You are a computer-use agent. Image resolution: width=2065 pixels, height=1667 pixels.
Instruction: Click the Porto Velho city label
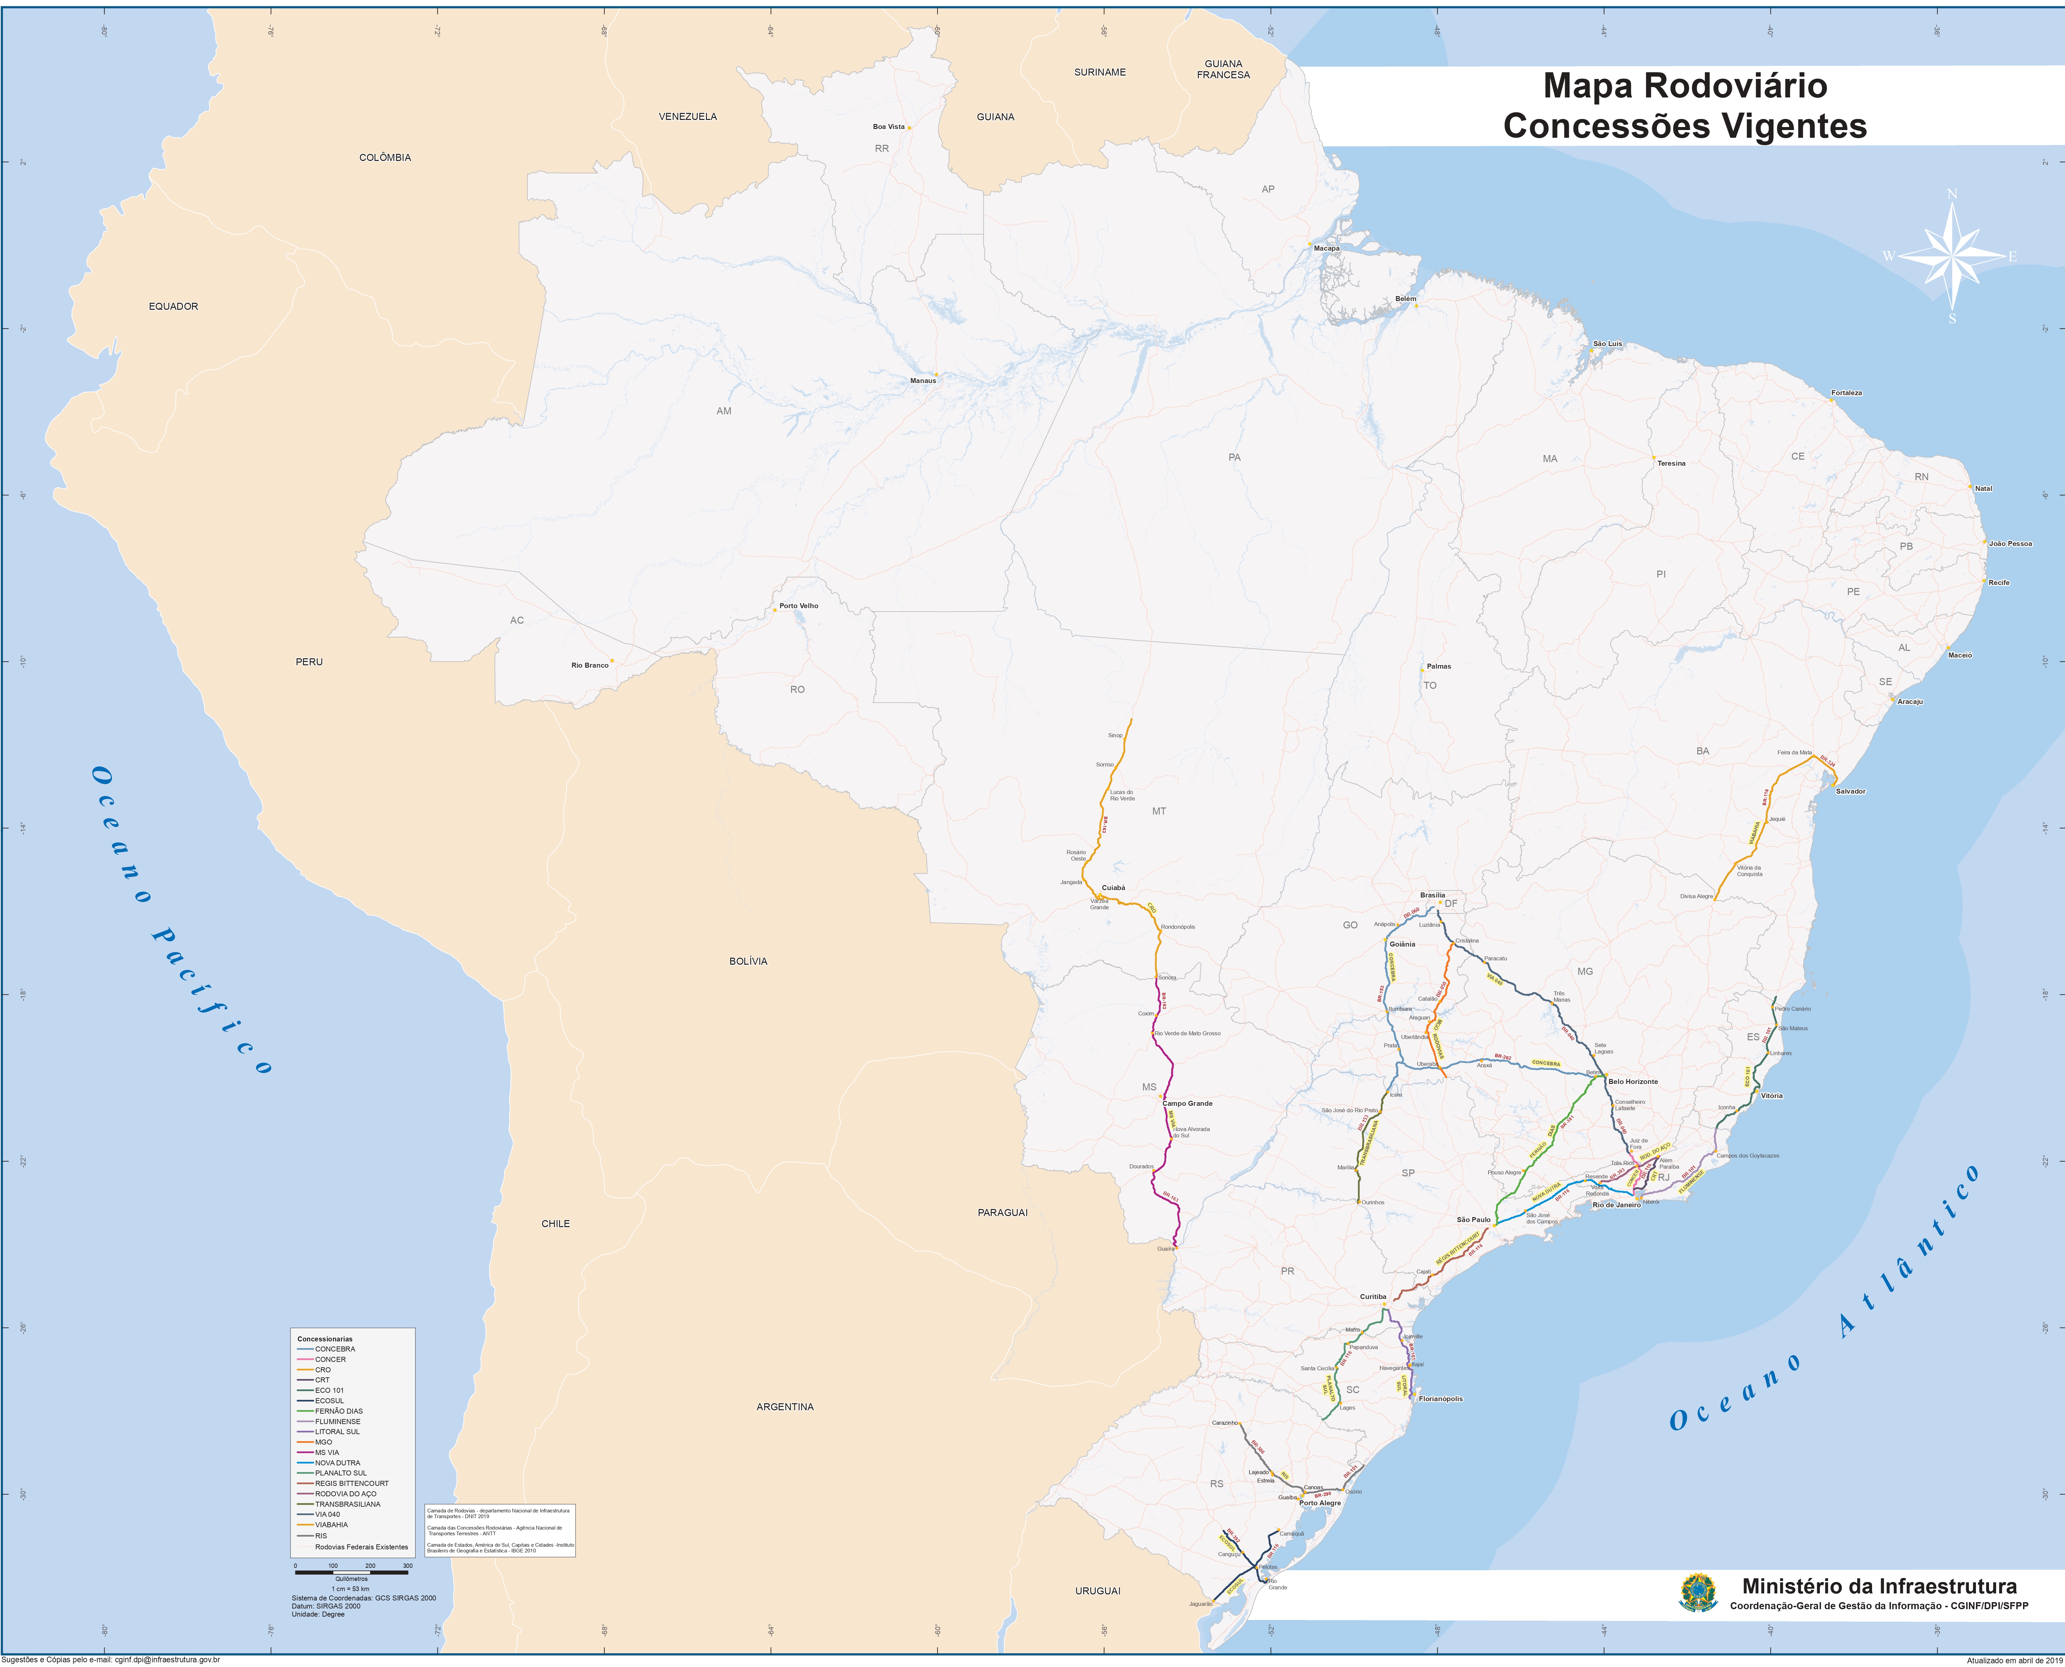click(x=798, y=606)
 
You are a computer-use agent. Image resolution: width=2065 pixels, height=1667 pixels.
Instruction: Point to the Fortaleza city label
click(x=1846, y=393)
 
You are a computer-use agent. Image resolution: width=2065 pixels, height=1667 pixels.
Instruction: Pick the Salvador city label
click(x=1850, y=791)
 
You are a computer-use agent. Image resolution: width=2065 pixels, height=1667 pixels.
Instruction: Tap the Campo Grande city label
click(x=1187, y=1103)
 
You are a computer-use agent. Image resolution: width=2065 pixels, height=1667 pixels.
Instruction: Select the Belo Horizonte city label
click(x=1633, y=1081)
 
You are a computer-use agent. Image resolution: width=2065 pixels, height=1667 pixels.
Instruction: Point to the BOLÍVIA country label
click(x=748, y=961)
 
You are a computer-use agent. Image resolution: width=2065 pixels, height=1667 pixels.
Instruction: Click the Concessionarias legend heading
click(x=325, y=1339)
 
